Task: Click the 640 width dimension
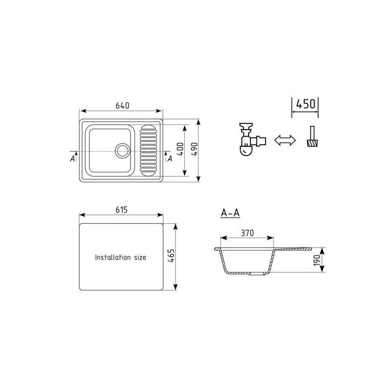[122, 106]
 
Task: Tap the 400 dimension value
[181, 149]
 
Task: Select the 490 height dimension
[195, 149]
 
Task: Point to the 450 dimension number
[306, 104]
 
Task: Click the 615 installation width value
[121, 210]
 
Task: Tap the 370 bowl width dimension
[248, 233]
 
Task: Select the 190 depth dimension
[317, 260]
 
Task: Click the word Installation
[113, 257]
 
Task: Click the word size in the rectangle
[140, 257]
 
